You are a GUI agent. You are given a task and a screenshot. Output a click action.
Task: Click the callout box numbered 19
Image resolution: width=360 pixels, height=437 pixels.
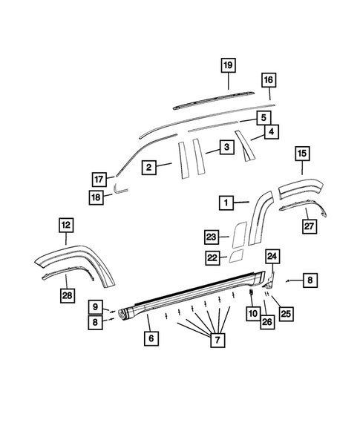pos(229,65)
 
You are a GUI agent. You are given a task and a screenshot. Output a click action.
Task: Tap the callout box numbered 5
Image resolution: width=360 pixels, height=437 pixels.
pos(264,118)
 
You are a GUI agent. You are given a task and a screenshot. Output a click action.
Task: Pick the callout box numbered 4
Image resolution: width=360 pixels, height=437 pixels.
pos(272,132)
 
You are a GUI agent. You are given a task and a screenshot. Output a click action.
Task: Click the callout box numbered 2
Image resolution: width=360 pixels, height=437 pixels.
pos(148,168)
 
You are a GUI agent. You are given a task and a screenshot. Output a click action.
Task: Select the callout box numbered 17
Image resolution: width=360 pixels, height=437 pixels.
pos(119,179)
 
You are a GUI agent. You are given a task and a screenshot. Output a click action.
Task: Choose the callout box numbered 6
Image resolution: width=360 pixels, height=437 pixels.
pos(151,338)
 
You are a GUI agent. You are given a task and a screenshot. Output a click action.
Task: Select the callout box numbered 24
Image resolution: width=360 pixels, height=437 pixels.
pos(272,257)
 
